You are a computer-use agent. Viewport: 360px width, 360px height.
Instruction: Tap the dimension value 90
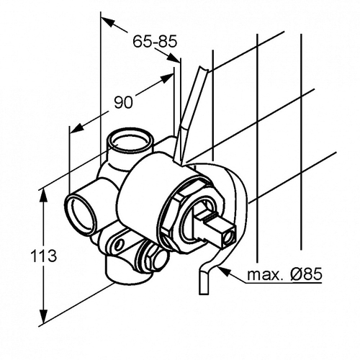point(123,102)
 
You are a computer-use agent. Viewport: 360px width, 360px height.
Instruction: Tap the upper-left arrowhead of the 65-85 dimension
point(107,22)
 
